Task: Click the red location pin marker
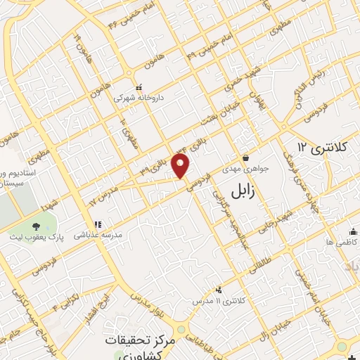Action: tap(182, 166)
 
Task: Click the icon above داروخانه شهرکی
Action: tap(139, 87)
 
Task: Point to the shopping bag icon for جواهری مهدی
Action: tap(245, 157)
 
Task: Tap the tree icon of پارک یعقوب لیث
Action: tap(36, 226)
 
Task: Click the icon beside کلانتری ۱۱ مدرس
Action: tap(219, 289)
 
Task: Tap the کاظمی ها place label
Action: tap(337, 242)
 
